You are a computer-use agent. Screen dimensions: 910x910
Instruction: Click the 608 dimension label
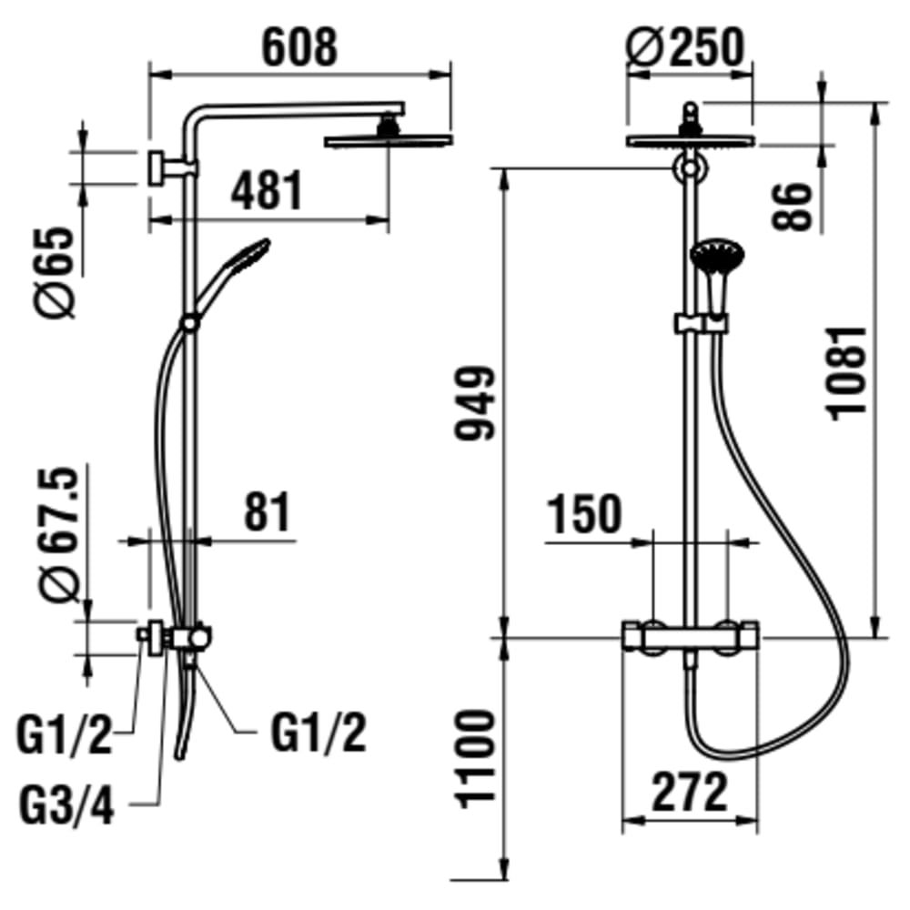(299, 47)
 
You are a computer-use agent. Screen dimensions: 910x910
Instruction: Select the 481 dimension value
(265, 191)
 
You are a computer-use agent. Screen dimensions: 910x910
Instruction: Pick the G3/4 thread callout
(67, 806)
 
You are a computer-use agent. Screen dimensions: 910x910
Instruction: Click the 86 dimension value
(794, 207)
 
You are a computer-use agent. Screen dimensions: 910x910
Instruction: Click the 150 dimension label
(584, 514)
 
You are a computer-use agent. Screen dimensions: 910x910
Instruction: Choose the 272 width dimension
(689, 793)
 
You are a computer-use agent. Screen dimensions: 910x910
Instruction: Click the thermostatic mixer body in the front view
(689, 637)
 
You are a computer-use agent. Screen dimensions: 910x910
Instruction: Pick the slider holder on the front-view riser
(701, 323)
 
